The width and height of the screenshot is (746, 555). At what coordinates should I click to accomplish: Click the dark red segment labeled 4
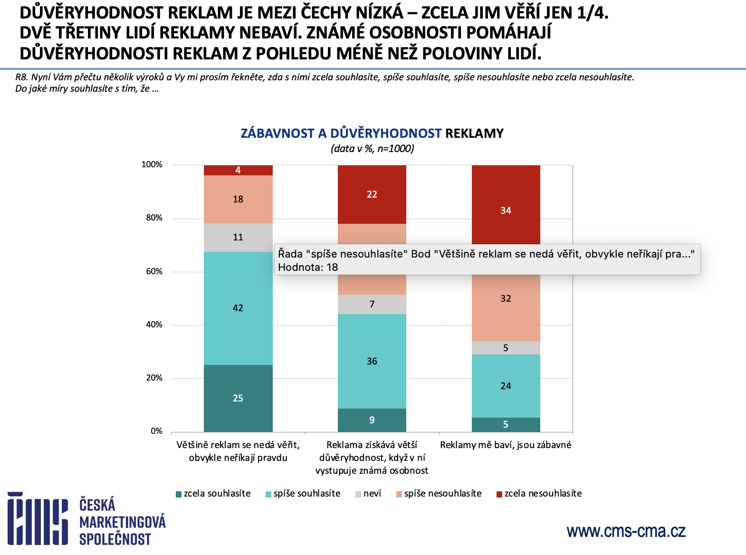click(238, 170)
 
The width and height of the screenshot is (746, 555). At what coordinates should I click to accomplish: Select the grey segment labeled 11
click(238, 237)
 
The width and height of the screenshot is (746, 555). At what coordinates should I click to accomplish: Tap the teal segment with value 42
click(238, 308)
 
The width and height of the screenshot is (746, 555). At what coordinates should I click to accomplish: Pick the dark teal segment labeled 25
click(238, 398)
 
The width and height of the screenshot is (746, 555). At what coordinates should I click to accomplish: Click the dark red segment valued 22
click(372, 194)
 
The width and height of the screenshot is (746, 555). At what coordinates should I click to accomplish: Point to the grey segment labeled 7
click(372, 304)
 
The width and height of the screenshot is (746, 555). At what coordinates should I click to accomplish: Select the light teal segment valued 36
click(372, 361)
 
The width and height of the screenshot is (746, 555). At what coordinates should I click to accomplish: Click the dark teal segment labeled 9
click(372, 420)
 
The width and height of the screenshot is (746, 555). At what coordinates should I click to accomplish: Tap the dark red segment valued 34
click(506, 211)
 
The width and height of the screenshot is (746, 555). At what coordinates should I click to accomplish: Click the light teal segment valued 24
click(506, 386)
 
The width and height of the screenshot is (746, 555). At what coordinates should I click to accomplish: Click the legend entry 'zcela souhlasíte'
click(213, 494)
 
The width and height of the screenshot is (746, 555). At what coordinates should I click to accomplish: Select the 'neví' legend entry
click(368, 494)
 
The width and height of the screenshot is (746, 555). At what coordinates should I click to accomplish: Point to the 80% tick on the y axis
click(154, 218)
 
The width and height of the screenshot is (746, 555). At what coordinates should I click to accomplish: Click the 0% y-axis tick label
click(156, 431)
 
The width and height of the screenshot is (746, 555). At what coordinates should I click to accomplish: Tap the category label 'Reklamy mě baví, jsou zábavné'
click(506, 445)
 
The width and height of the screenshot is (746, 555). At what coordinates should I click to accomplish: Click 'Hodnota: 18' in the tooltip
click(308, 267)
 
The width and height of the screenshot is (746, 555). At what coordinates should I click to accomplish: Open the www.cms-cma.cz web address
click(626, 531)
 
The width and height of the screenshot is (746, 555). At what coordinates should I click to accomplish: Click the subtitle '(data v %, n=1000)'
click(372, 149)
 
